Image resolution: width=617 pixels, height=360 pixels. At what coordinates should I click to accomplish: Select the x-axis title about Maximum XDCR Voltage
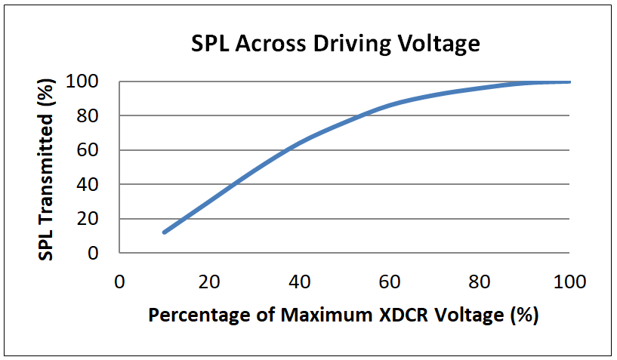tap(343, 314)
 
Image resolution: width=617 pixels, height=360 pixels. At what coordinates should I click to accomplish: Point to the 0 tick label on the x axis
tap(119, 282)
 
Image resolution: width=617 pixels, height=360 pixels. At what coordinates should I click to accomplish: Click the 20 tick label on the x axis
tap(208, 282)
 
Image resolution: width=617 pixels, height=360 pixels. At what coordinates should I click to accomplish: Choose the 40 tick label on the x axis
tap(299, 282)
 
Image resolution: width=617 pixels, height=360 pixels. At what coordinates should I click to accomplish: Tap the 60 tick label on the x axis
tap(389, 282)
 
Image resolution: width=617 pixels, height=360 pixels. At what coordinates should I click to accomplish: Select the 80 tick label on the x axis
tap(480, 282)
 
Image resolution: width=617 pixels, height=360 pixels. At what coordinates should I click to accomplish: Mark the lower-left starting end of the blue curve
tap(164, 232)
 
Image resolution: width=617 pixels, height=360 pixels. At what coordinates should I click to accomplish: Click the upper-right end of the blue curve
tap(569, 82)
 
